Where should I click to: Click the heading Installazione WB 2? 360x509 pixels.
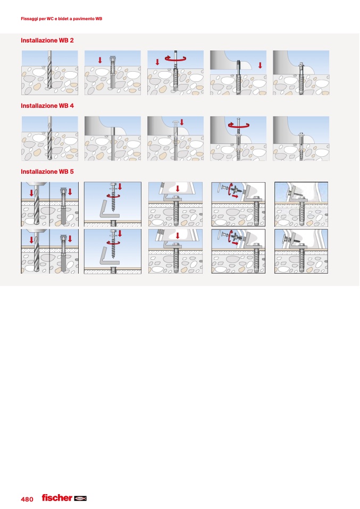[x=47, y=40]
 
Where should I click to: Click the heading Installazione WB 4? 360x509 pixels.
[x=47, y=106]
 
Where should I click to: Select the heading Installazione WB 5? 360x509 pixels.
[x=47, y=172]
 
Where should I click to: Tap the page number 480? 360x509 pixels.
[x=27, y=499]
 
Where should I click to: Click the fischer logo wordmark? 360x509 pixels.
[x=57, y=498]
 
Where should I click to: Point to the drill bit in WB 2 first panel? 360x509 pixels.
[x=49, y=70]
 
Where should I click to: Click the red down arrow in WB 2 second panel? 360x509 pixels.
[x=100, y=61]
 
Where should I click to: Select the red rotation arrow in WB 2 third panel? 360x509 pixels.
[x=175, y=59]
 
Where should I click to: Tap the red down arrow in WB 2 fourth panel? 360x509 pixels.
[x=260, y=65]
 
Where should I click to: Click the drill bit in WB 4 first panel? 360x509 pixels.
[x=49, y=135]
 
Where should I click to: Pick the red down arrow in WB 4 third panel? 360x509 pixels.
[x=182, y=122]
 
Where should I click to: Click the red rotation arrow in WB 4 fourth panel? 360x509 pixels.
[x=238, y=125]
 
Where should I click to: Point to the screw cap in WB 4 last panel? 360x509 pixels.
[x=301, y=134]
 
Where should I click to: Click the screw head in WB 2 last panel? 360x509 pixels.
[x=301, y=65]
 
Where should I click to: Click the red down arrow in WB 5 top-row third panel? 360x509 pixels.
[x=178, y=189]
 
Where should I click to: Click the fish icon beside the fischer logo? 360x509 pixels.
[x=80, y=498]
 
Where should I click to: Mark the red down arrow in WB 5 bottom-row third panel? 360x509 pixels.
[x=178, y=236]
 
